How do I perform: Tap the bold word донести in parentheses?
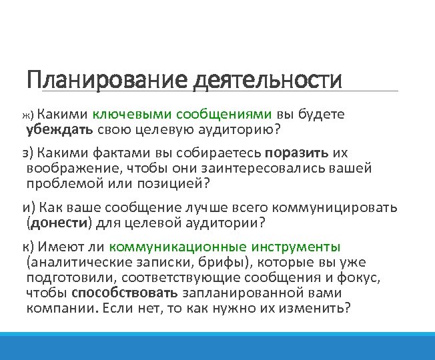[55, 222]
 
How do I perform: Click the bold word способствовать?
[124, 293]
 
